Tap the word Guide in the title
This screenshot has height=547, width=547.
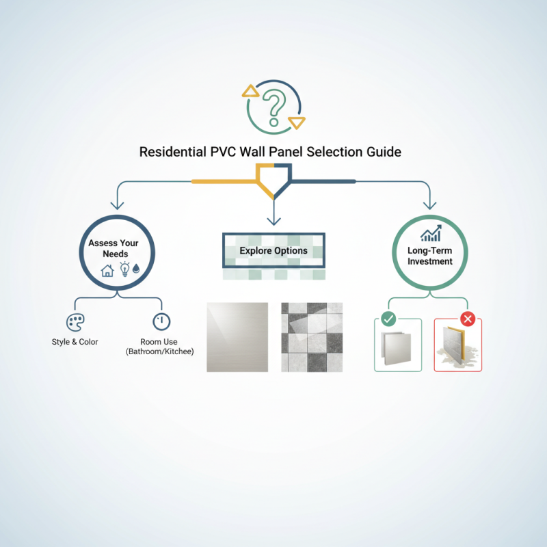[384, 151]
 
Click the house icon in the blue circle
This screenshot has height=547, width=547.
[107, 270]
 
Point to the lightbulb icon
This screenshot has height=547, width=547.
[124, 269]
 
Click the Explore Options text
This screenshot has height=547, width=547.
[273, 251]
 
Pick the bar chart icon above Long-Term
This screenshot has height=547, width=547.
[430, 235]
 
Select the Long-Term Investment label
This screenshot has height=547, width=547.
[430, 256]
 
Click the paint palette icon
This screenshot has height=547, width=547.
[75, 322]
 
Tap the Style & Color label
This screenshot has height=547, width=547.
[75, 341]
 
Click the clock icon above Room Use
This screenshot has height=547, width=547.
[161, 322]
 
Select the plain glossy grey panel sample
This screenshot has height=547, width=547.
[237, 337]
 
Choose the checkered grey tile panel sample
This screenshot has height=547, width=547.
[312, 337]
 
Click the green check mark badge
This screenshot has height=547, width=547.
[388, 318]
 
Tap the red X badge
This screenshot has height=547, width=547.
[468, 318]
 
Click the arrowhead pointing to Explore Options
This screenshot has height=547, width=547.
[273, 221]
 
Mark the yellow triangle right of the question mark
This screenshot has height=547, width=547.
[297, 122]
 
